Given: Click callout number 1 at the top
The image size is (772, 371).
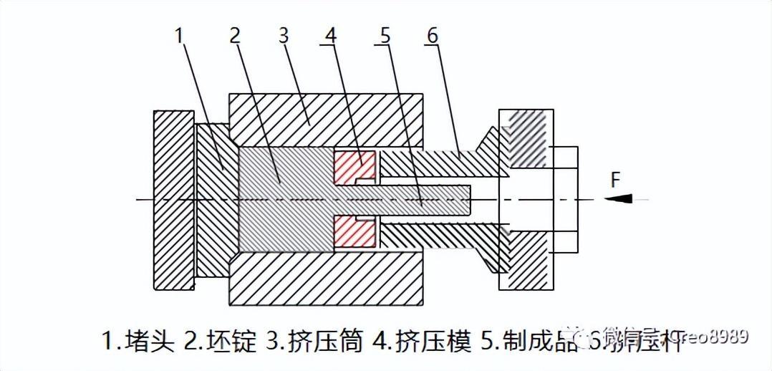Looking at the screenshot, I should [179, 34].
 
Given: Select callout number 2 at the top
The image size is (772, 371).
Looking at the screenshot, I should [234, 34].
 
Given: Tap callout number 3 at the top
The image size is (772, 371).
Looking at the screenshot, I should [284, 34].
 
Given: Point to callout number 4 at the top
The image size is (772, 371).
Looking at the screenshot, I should [329, 34].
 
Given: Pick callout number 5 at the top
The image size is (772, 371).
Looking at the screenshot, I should [385, 34].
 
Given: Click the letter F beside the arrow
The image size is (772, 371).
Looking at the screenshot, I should [615, 180].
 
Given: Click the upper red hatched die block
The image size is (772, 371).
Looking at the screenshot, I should [355, 167].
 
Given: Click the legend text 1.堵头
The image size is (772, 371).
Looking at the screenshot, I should [137, 341].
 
